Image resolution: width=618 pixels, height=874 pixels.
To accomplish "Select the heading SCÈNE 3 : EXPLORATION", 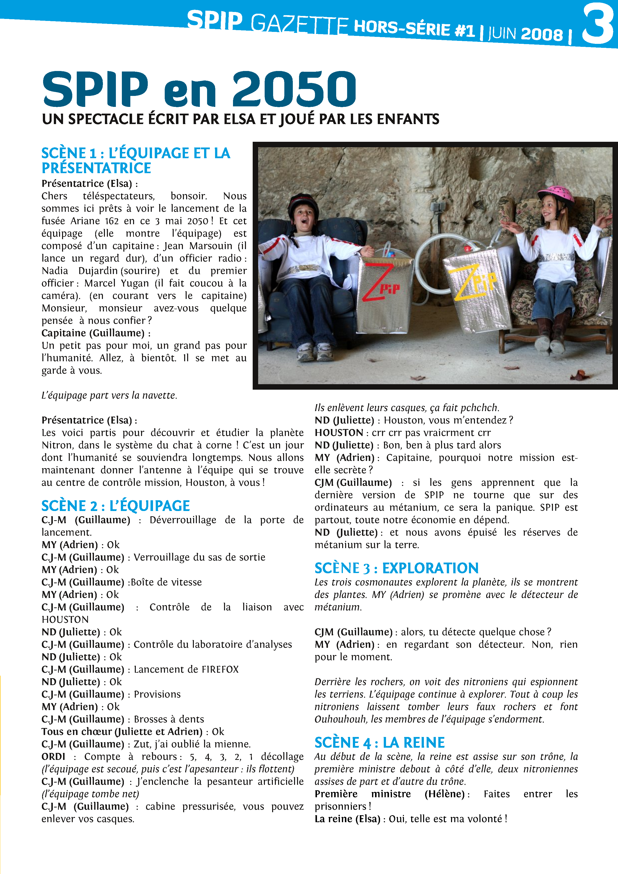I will [396, 568].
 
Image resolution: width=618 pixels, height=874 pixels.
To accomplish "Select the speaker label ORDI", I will [53, 756].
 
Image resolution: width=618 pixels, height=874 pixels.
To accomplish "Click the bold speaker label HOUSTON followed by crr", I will [338, 433].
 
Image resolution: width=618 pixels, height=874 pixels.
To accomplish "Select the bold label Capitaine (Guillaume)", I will [93, 333].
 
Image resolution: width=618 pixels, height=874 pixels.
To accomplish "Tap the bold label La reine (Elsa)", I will [347, 819].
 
